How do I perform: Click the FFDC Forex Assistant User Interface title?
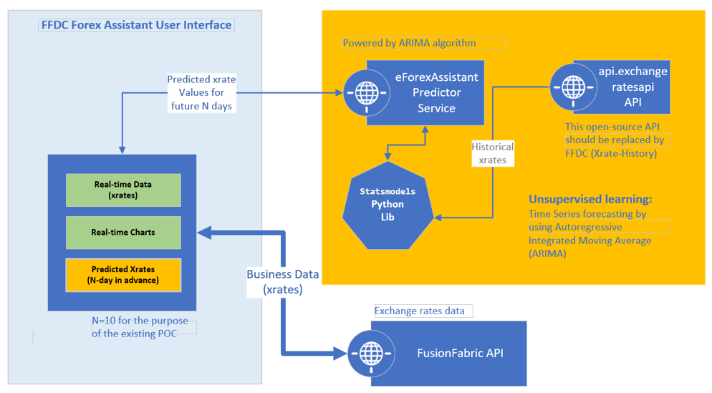[x=136, y=25]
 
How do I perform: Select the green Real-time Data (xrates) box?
[x=123, y=190]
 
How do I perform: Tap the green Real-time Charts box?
[x=123, y=233]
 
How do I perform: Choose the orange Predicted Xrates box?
[x=123, y=275]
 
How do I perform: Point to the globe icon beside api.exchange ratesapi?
[x=572, y=87]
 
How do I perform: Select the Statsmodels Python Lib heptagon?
[x=388, y=205]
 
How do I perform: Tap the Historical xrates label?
[x=492, y=153]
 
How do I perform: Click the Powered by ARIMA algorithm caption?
[x=409, y=43]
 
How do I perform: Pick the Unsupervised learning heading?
[x=590, y=199]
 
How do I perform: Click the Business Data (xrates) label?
[x=283, y=281]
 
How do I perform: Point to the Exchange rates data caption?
[x=420, y=311]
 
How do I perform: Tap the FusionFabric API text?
[x=460, y=354]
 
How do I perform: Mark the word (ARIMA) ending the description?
[x=546, y=253]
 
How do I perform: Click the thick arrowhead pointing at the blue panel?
[x=203, y=232]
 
